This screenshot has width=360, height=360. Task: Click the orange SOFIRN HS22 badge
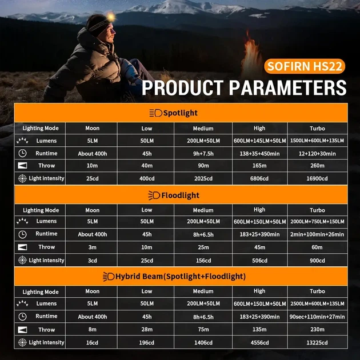pyautogui.click(x=305, y=66)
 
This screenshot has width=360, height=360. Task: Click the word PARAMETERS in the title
pyautogui.click(x=287, y=87)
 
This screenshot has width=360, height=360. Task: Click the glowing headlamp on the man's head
pyautogui.click(x=111, y=17)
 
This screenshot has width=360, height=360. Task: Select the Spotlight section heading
pyautogui.click(x=174, y=113)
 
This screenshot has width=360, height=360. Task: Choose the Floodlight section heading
pyautogui.click(x=174, y=195)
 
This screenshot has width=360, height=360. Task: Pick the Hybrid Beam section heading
pyautogui.click(x=174, y=276)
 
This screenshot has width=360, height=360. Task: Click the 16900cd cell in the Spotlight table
pyautogui.click(x=317, y=178)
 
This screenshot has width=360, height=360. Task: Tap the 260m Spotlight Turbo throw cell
pyautogui.click(x=317, y=166)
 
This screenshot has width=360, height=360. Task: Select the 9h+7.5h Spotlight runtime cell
pyautogui.click(x=203, y=154)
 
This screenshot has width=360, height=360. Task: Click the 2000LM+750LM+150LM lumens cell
pyautogui.click(x=317, y=222)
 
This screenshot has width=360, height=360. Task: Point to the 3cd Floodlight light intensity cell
pyautogui.click(x=93, y=261)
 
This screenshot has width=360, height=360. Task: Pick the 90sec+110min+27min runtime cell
pyautogui.click(x=317, y=317)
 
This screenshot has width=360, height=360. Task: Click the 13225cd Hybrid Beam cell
pyautogui.click(x=317, y=342)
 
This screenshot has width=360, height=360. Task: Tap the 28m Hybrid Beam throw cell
pyautogui.click(x=146, y=330)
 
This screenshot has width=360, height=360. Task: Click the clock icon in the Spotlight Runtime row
pyautogui.click(x=22, y=153)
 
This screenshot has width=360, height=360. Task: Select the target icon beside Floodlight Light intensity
pyautogui.click(x=22, y=260)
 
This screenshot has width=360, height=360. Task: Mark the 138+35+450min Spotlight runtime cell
pyautogui.click(x=259, y=154)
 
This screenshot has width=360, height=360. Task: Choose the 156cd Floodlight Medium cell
pyautogui.click(x=203, y=261)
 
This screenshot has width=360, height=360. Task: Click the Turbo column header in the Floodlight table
pyautogui.click(x=317, y=210)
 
